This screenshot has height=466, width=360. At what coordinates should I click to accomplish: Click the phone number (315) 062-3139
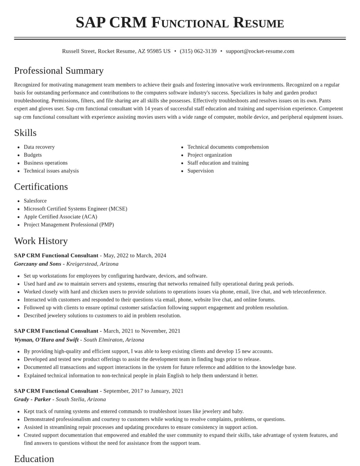[198, 51]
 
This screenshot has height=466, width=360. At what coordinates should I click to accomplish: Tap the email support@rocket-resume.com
[260, 51]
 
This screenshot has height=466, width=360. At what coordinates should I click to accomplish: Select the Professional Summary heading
[59, 71]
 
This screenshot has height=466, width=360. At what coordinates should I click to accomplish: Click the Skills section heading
[25, 133]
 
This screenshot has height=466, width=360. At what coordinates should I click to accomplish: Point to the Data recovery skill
[39, 147]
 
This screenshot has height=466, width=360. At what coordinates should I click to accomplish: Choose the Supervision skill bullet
[200, 171]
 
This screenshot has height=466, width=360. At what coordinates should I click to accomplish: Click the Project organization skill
[209, 155]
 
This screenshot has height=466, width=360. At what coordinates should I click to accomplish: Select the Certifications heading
[41, 187]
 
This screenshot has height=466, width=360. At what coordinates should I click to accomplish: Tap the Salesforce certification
[35, 201]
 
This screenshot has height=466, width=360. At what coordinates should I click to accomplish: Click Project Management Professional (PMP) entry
[68, 225]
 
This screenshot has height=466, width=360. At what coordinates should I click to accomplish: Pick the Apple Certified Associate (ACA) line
[60, 217]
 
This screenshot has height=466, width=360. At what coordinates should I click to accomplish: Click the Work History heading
[41, 241]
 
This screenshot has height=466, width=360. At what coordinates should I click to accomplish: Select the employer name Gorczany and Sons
[37, 264]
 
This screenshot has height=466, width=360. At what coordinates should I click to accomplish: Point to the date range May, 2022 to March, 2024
[135, 255]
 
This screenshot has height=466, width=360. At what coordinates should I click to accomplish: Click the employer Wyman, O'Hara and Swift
[46, 340]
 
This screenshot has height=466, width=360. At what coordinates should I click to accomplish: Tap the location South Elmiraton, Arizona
[114, 340]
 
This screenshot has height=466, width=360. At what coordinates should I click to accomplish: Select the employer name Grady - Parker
[32, 399]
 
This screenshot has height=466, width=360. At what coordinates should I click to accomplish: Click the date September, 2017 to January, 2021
[143, 391]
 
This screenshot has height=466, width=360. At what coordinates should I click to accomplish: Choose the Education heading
[34, 459]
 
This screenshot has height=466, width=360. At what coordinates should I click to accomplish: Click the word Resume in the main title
[258, 23]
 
